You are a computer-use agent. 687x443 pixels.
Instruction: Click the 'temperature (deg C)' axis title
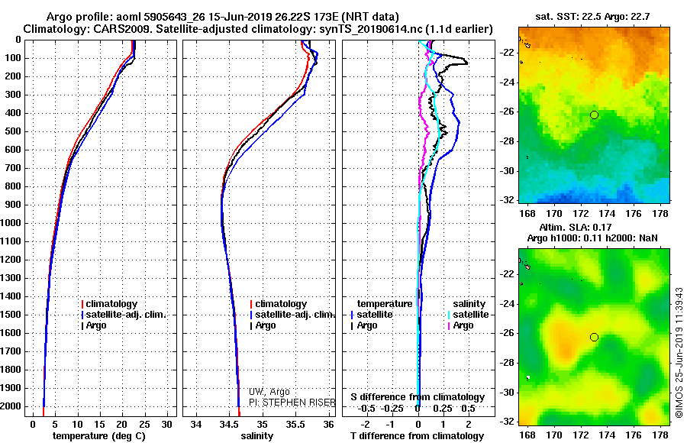[x=98, y=435]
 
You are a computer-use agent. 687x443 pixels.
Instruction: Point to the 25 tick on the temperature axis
[x=145, y=423]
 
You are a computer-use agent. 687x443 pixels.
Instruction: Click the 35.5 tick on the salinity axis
[x=296, y=423]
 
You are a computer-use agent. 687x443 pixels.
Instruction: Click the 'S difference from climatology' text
[x=417, y=397]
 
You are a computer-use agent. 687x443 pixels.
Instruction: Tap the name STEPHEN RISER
[x=285, y=401]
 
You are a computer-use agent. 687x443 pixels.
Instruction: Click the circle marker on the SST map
[x=594, y=115]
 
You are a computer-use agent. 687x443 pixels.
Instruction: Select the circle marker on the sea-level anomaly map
[x=594, y=337]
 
